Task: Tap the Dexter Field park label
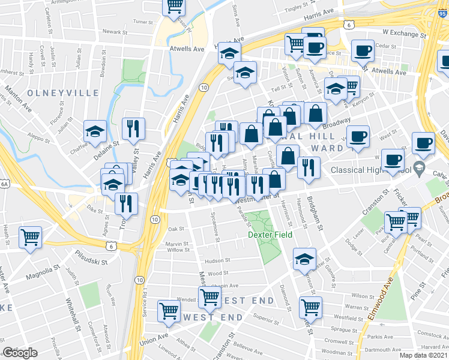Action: coord(270,235)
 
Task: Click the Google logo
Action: coord(20,353)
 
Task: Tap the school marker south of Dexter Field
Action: coord(304,260)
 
